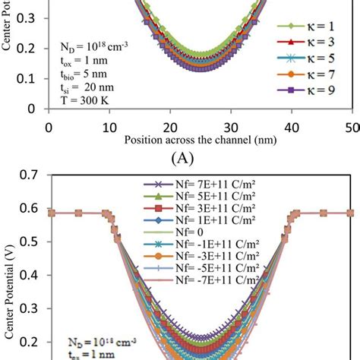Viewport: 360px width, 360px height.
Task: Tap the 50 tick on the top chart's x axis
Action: coord(352,126)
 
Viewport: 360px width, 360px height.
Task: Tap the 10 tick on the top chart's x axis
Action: coord(109,126)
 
